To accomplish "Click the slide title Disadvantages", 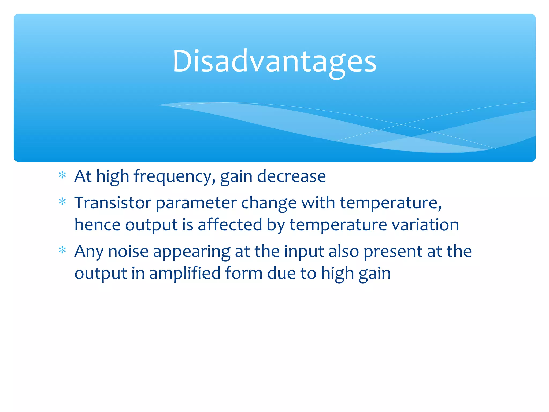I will pyautogui.click(x=274, y=62).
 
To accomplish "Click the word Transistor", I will pyautogui.click(x=113, y=203).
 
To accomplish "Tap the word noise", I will pyautogui.click(x=128, y=252).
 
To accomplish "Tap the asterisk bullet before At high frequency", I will pyautogui.click(x=62, y=175).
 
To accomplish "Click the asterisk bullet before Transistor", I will pyautogui.click(x=62, y=201).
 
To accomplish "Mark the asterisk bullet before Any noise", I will pyautogui.click(x=62, y=250).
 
